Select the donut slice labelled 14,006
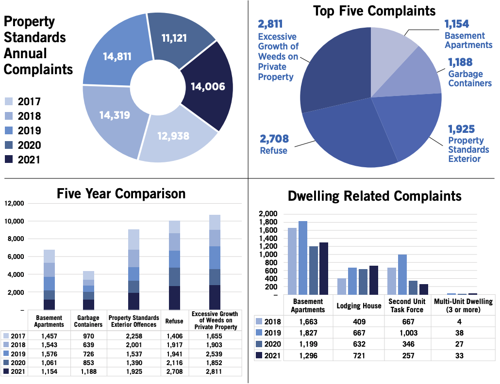point(208,87)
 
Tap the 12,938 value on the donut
point(173,136)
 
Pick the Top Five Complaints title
point(374,11)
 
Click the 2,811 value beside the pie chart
point(270,24)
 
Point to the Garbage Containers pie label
point(469,78)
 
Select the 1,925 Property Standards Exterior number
point(461,129)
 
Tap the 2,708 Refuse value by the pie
point(274,139)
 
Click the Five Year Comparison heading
point(121,194)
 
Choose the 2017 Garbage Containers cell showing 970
point(88,336)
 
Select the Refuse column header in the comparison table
point(174,321)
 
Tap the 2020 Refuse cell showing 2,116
point(174,362)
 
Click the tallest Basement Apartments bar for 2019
point(303,258)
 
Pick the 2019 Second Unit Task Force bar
point(402,274)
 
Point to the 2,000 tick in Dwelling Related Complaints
point(268,214)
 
